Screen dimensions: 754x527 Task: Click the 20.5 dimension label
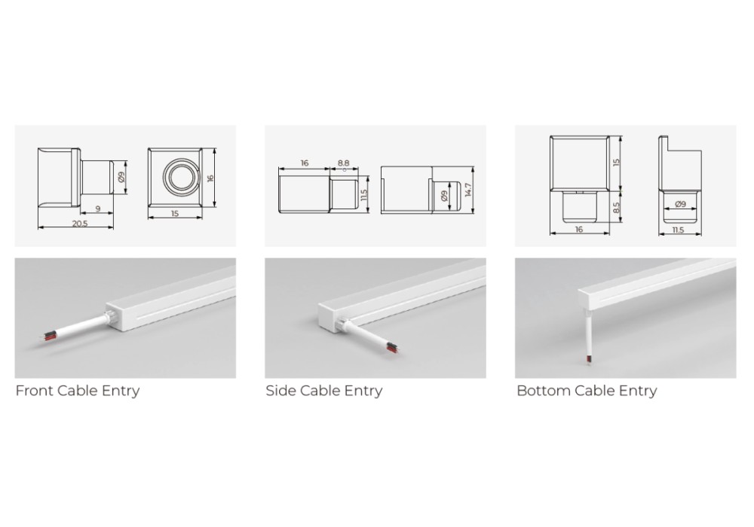tap(80, 223)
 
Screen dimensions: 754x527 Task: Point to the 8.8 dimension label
tap(343, 163)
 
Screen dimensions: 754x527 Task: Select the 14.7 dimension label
tap(468, 190)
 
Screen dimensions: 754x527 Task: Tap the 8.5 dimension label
tap(617, 207)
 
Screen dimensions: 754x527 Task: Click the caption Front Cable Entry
tap(78, 391)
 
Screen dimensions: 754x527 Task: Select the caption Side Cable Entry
tap(324, 391)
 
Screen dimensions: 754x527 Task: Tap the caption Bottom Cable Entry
tap(587, 391)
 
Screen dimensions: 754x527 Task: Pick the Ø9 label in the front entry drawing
tap(121, 177)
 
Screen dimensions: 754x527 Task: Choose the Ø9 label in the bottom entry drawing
tap(680, 204)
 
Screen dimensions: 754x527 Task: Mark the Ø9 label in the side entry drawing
tap(444, 196)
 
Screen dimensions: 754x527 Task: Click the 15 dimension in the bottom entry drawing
tap(617, 162)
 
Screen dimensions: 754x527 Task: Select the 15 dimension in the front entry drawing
tap(175, 213)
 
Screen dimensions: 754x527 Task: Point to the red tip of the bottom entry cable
tap(588, 359)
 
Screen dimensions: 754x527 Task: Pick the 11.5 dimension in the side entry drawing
tap(364, 194)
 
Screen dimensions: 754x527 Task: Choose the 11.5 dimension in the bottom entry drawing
tap(678, 230)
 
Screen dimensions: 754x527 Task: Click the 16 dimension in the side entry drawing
tap(305, 163)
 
